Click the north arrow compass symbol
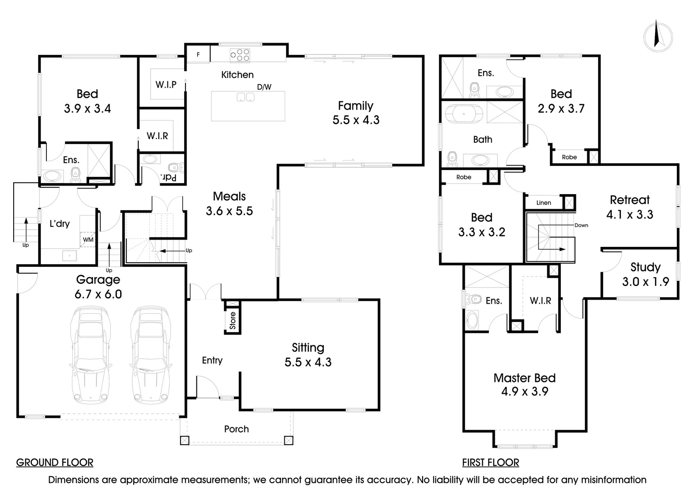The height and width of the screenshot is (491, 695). point(658,35)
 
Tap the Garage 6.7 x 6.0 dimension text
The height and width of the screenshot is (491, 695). point(98,294)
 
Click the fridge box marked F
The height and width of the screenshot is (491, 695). point(198,55)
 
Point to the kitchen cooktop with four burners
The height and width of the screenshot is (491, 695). point(240,55)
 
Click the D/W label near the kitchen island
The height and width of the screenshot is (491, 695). point(264,87)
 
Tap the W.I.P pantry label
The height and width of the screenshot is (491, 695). point(166,84)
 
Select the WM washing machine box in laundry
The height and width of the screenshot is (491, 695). point(88,240)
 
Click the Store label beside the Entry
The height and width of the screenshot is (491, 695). point(233,320)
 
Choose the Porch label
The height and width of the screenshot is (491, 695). point(237,429)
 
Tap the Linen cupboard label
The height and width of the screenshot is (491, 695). point(544,203)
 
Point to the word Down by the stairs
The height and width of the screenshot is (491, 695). point(581,225)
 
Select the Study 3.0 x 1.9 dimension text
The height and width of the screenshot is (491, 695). point(645,282)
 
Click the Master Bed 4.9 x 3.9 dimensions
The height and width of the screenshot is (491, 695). point(524,391)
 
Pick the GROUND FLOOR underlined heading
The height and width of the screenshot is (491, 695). point(55,463)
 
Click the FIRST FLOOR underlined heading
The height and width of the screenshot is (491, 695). point(490,463)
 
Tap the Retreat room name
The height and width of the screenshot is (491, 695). point(630,200)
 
